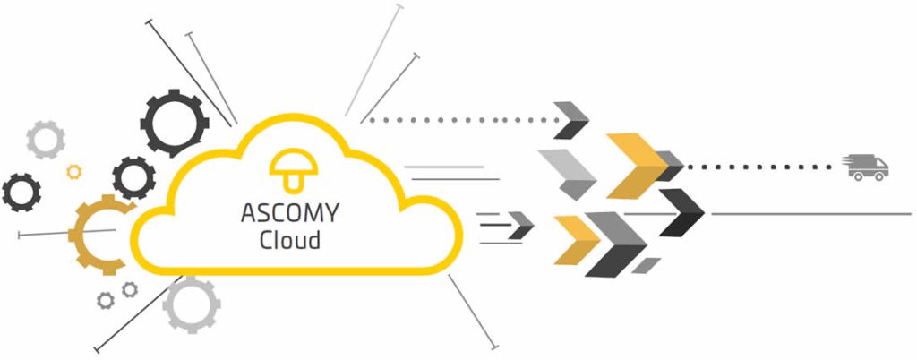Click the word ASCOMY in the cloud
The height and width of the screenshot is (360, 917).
289,215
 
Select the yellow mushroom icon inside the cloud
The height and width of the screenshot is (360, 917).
288,170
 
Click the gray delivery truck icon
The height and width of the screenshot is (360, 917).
866,167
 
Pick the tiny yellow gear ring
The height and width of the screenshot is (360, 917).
74,171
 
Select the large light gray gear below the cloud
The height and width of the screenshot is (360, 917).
192,304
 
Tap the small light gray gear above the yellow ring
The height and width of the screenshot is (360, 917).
45,139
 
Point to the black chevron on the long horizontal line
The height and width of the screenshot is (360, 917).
682,212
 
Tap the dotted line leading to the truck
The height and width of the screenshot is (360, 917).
761,167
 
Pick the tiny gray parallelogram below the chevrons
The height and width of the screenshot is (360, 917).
647,265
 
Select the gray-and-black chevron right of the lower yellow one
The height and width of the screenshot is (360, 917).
616,242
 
